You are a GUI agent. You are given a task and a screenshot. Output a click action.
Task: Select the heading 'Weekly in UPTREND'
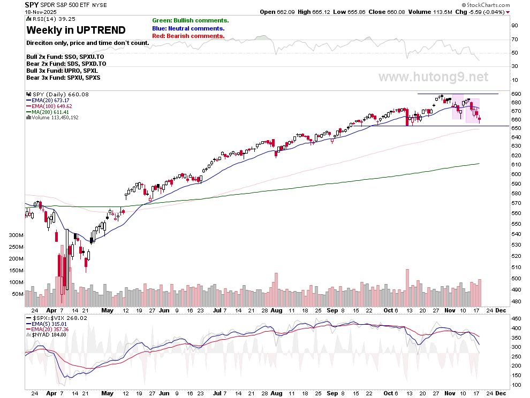76,30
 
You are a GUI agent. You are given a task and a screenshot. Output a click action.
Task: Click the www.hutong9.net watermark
433,77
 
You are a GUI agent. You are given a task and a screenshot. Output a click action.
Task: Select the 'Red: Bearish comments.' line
188,36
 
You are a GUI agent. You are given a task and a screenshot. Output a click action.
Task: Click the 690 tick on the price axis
516,94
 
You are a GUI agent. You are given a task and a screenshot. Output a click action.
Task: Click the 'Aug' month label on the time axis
276,310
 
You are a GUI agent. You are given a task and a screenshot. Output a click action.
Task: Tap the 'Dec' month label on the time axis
501,310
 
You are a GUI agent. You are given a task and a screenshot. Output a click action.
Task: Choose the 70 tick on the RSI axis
514,39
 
